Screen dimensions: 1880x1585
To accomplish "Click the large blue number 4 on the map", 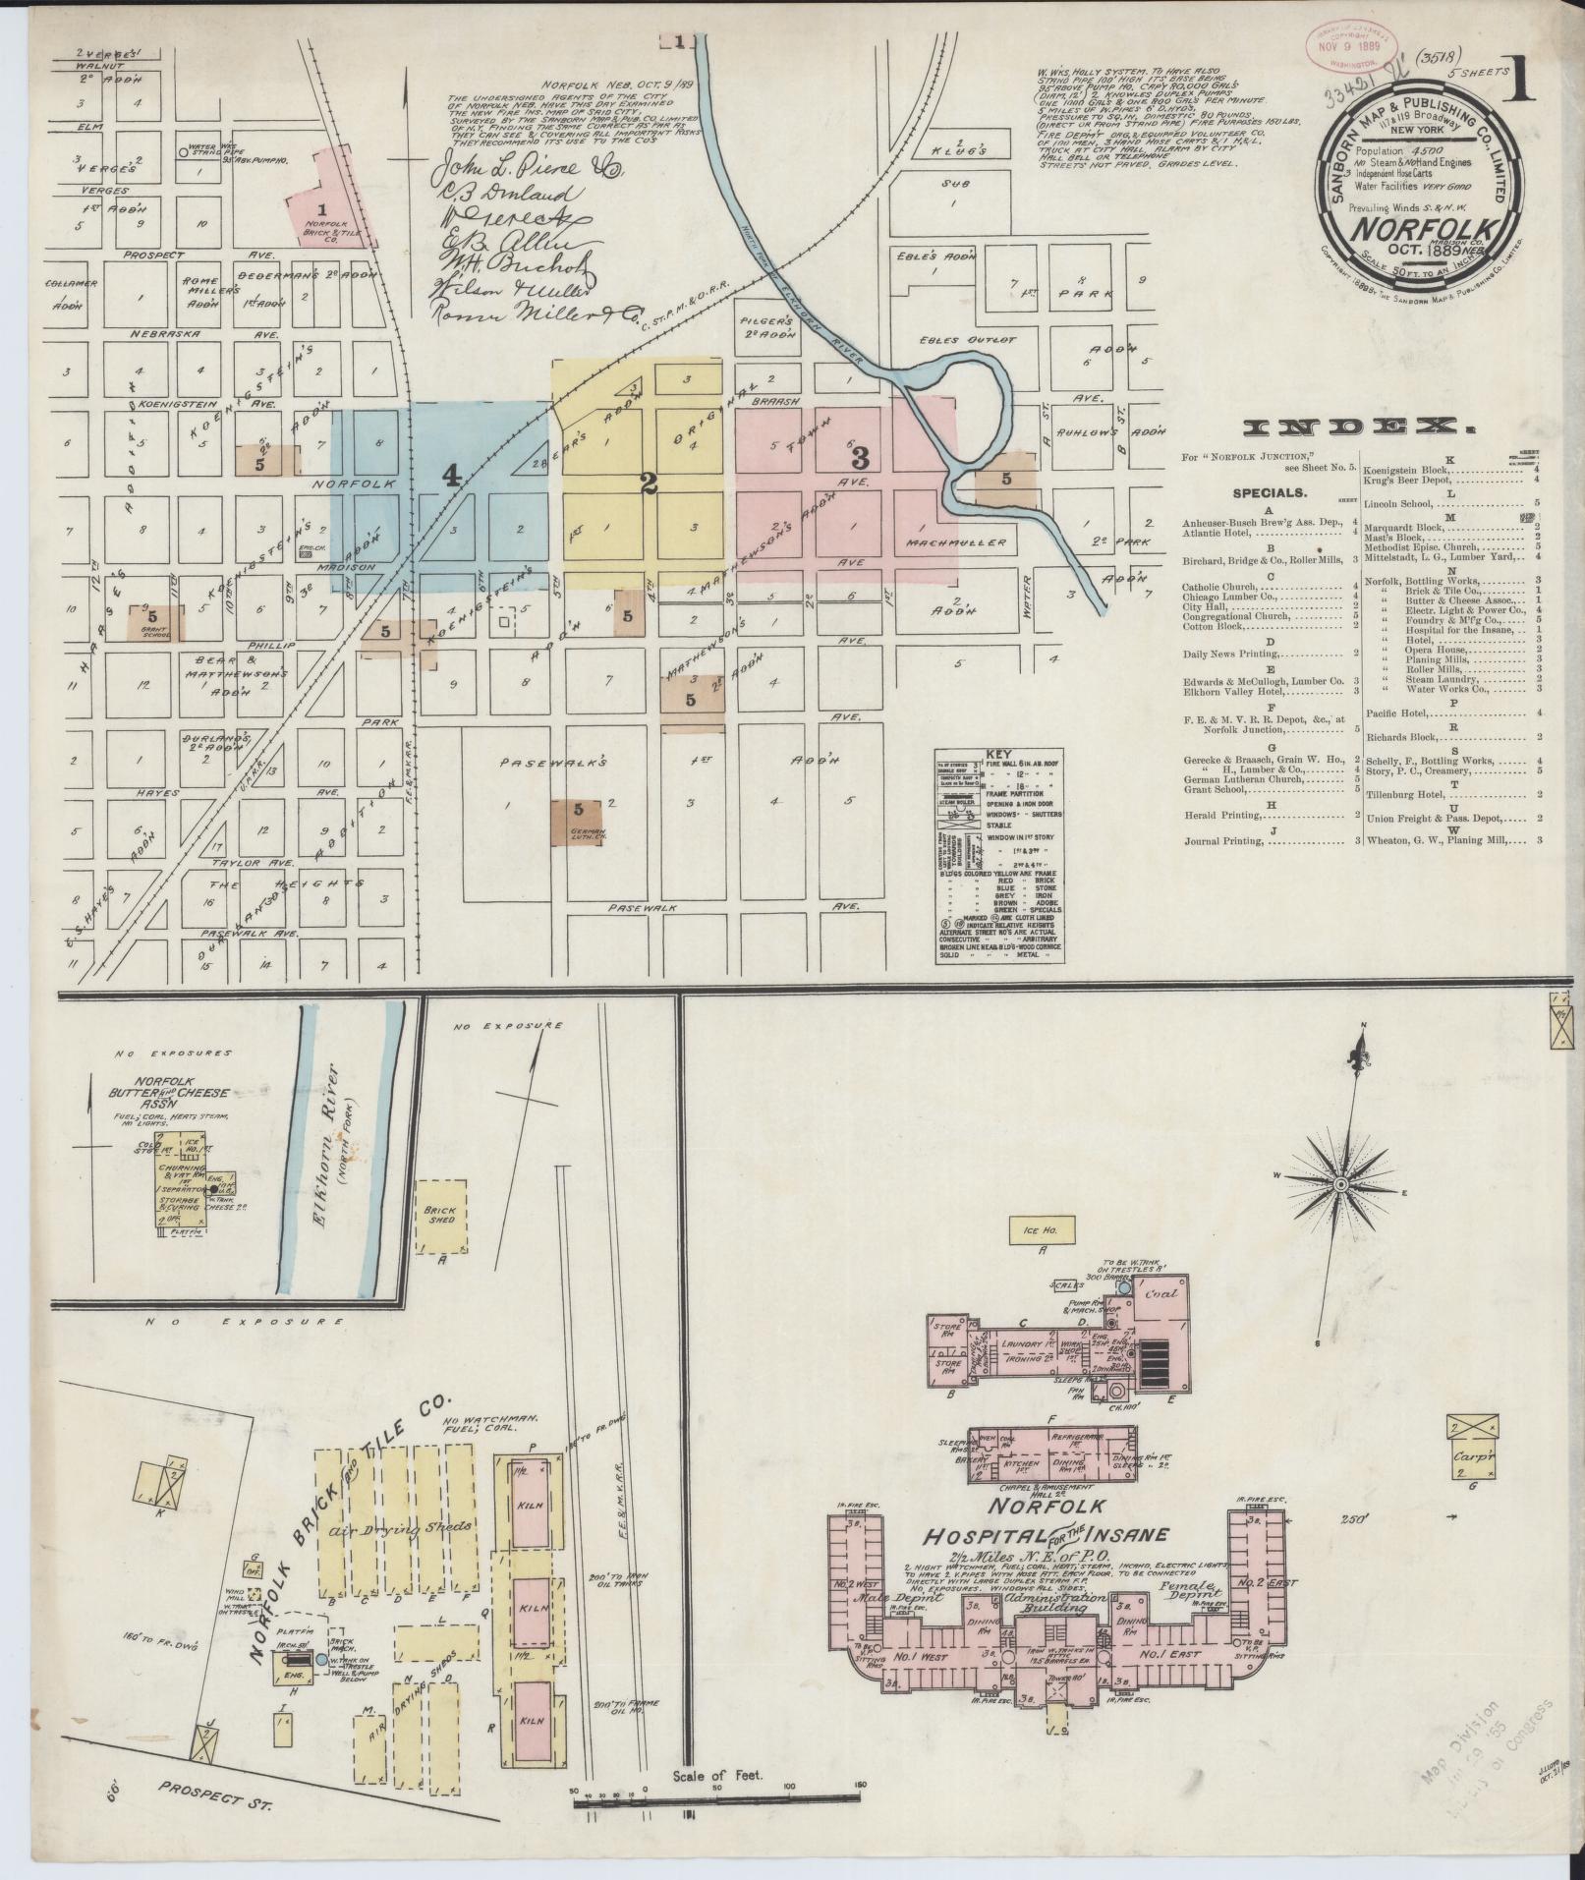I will coord(451,477).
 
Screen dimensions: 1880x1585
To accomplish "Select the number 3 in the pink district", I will coord(861,457).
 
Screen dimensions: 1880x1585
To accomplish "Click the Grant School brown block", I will coord(155,622).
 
